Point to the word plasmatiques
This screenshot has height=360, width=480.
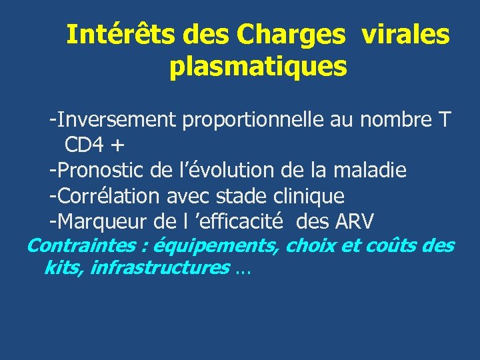258,67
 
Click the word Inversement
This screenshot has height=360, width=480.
113,120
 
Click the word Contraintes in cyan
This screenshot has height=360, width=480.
81,245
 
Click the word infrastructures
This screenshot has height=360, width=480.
159,268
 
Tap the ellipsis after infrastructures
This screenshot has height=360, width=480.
244,271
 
